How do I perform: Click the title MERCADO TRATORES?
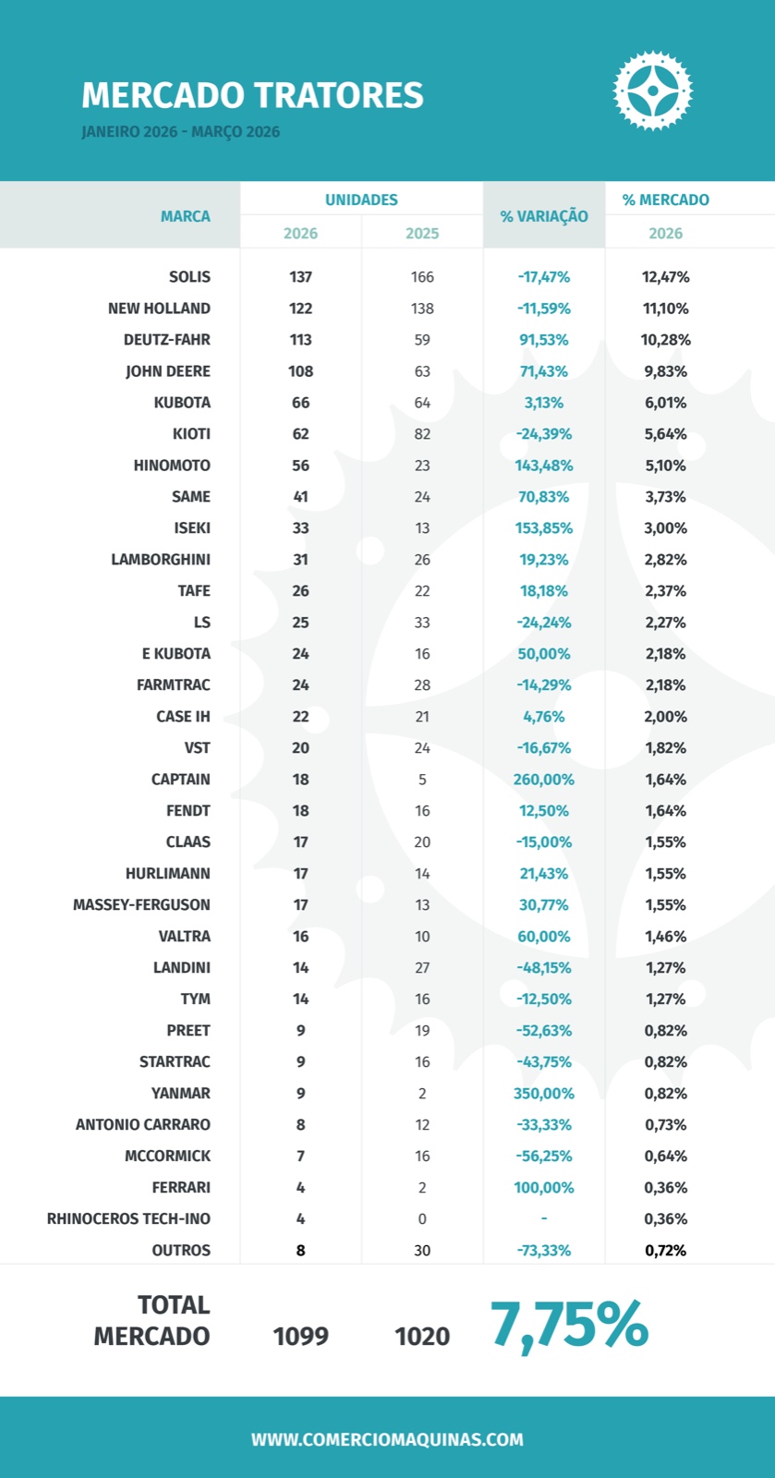click(252, 95)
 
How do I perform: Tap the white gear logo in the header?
click(653, 91)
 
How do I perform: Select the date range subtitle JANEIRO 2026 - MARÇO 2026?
click(180, 132)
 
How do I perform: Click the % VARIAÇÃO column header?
click(544, 216)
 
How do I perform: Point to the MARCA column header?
click(185, 216)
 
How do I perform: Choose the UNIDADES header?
click(361, 200)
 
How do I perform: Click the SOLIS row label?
click(189, 277)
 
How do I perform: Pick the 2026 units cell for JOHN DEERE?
click(300, 371)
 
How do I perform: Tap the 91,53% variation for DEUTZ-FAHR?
click(544, 340)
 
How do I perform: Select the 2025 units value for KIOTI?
click(422, 434)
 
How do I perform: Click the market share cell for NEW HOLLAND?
click(665, 309)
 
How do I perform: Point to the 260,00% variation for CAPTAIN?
click(544, 780)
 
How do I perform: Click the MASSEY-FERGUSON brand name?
click(141, 905)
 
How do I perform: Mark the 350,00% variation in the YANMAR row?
click(544, 1094)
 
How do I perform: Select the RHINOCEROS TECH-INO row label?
click(128, 1219)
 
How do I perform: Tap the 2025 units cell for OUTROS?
click(422, 1251)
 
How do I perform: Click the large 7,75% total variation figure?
click(569, 1325)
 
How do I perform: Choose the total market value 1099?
click(300, 1337)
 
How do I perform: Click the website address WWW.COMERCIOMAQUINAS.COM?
click(387, 1439)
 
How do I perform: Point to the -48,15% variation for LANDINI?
click(544, 968)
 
